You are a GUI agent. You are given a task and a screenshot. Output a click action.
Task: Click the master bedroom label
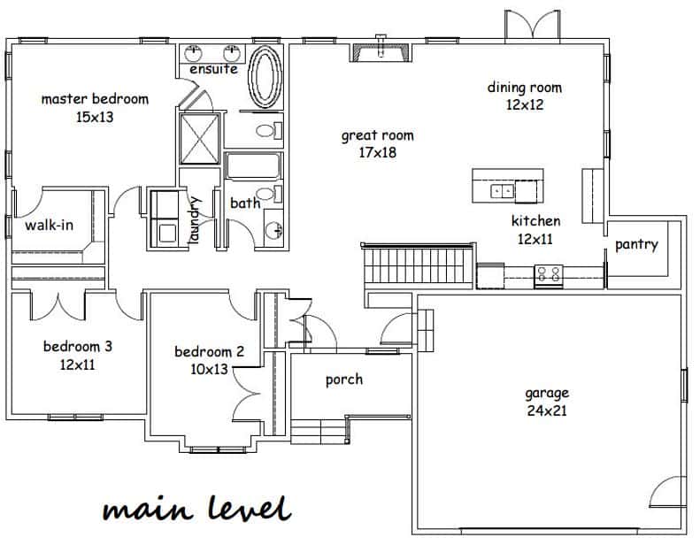pos(95,98)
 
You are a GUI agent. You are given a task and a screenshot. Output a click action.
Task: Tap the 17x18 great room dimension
pos(378,152)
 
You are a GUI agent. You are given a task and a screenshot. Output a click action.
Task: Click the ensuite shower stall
pos(199,139)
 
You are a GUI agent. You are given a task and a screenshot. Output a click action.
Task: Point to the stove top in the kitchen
pos(549,273)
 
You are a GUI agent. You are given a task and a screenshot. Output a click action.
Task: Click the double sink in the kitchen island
pos(503,191)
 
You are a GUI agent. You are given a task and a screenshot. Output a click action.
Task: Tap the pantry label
pos(636,244)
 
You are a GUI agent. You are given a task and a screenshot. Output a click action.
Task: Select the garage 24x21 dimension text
pos(547,410)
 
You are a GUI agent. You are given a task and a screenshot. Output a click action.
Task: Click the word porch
pos(343,380)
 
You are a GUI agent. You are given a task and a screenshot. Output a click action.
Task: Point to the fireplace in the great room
pos(380,50)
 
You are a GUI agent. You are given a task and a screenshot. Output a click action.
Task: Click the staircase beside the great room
pos(419,265)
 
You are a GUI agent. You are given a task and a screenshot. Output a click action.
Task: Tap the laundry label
pos(195,220)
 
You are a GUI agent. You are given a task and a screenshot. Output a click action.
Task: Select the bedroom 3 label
pos(78,346)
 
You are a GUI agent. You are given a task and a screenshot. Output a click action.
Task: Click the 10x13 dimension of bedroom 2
pos(210,370)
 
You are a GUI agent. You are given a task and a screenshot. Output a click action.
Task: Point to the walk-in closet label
pos(49,225)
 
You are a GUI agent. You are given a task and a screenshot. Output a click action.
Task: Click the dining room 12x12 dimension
pos(525,105)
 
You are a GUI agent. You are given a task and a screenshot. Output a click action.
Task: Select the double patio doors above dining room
pos(532,26)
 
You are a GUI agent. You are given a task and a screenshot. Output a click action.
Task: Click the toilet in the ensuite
pos(269,130)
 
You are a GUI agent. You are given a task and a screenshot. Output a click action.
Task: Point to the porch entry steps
pos(319,432)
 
